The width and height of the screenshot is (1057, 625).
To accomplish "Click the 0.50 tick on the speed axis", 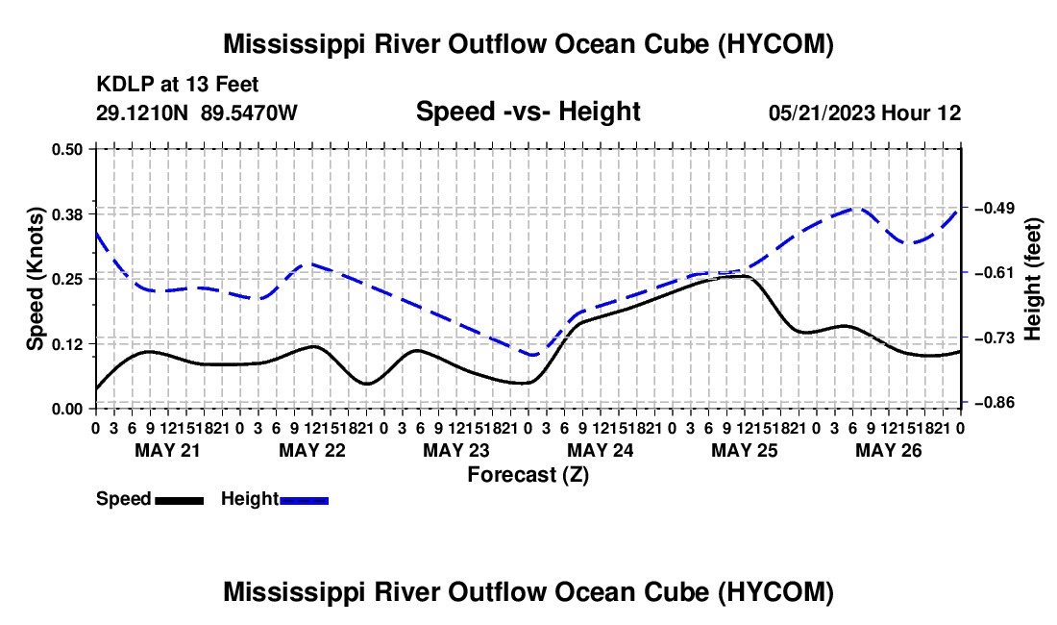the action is (x=66, y=149).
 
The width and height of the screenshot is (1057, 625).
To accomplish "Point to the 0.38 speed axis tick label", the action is (x=66, y=214).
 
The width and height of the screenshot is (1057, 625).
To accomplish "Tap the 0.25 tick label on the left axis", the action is (x=66, y=279).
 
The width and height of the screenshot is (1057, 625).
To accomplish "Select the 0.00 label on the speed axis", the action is (x=66, y=409).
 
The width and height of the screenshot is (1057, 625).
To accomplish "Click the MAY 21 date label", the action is (x=168, y=450).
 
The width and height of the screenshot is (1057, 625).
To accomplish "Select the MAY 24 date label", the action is (x=600, y=450).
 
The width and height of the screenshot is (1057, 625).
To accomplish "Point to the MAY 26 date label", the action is (x=889, y=450).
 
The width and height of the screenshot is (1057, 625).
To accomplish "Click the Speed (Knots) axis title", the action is (x=35, y=279).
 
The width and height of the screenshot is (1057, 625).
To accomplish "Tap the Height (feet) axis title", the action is (x=1032, y=279).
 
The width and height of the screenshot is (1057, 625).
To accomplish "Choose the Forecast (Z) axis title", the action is (x=528, y=475).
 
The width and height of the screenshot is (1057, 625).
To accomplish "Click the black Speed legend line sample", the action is (x=180, y=501).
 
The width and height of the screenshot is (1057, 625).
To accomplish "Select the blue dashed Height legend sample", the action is (x=304, y=501).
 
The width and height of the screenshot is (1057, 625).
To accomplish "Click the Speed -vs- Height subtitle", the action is (x=528, y=112).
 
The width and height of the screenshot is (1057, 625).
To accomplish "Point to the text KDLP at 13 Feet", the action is (x=178, y=85).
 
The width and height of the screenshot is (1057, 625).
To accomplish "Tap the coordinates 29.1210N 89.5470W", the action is (x=197, y=112).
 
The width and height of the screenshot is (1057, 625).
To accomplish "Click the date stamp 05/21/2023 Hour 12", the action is (x=865, y=112).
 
